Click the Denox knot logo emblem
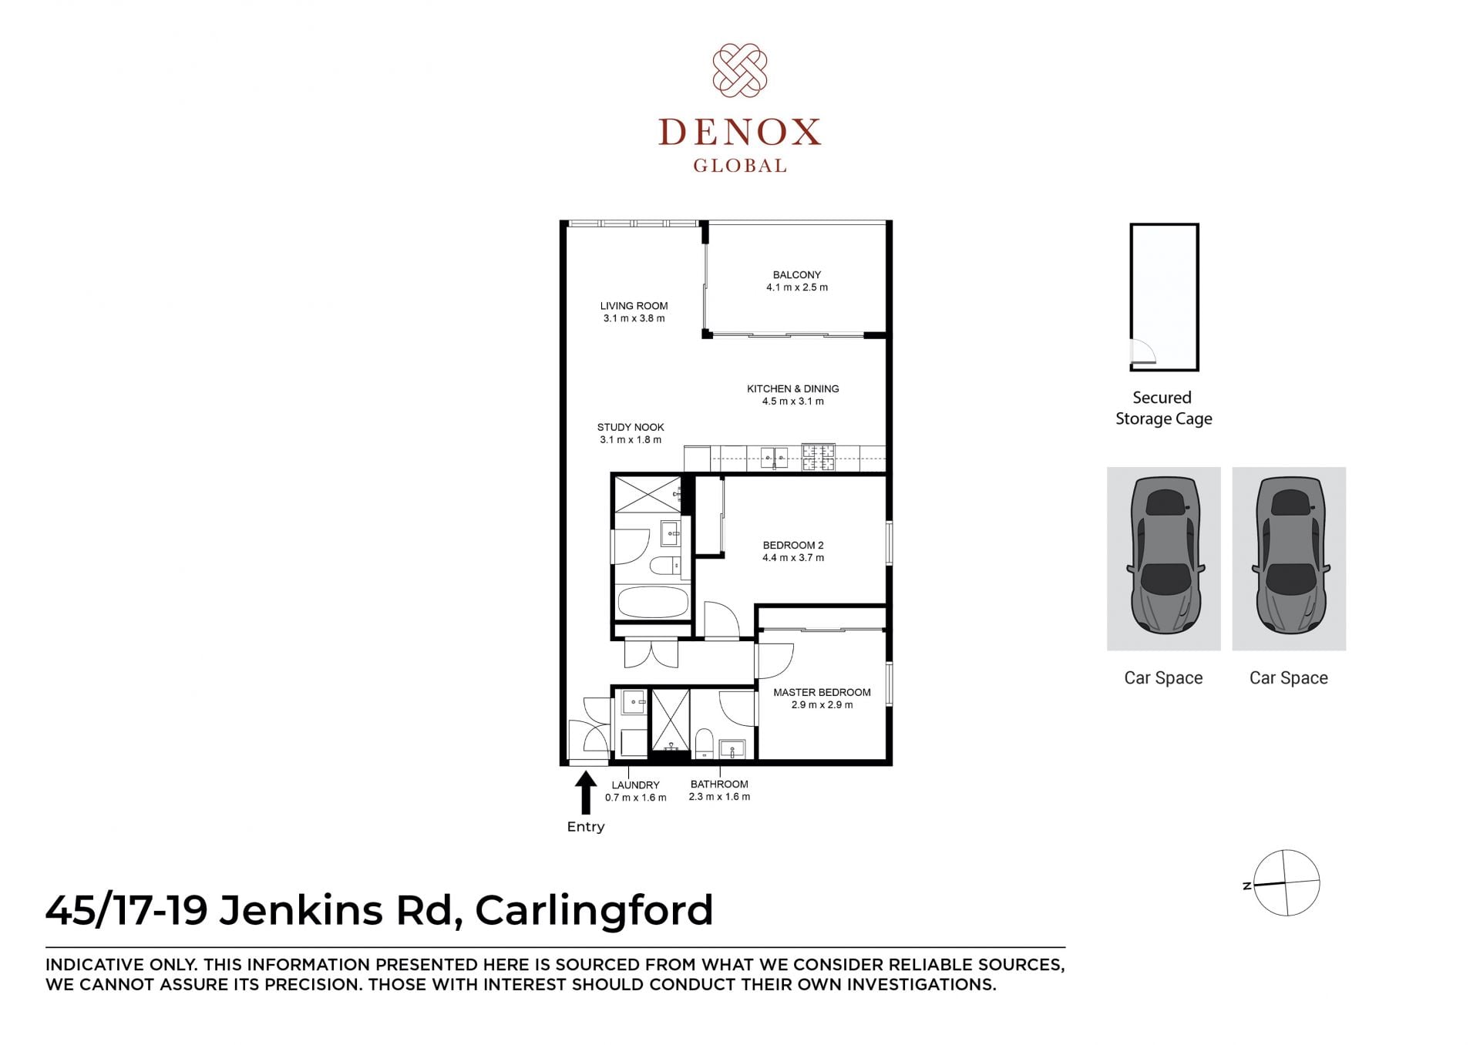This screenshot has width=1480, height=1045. click(739, 71)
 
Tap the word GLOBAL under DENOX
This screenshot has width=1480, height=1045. click(739, 165)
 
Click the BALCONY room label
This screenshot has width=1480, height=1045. click(797, 274)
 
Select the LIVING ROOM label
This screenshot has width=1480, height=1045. click(634, 305)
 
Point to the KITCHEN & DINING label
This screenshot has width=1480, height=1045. click(793, 388)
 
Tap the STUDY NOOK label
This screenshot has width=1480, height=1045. click(631, 427)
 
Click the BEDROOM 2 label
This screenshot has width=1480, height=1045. click(793, 545)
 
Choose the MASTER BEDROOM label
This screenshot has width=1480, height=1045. click(822, 692)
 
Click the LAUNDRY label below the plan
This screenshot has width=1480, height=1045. click(636, 785)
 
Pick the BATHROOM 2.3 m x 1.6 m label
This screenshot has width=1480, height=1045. click(719, 790)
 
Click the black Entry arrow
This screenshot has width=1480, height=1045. click(586, 792)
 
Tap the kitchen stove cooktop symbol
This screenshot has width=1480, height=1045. click(818, 457)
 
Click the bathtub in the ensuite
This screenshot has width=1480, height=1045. click(653, 602)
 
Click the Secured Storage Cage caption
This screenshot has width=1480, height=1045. click(1163, 408)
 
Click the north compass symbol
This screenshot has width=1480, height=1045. click(1286, 882)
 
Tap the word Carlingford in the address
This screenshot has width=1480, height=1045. click(594, 910)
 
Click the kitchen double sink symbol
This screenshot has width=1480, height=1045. click(774, 458)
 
